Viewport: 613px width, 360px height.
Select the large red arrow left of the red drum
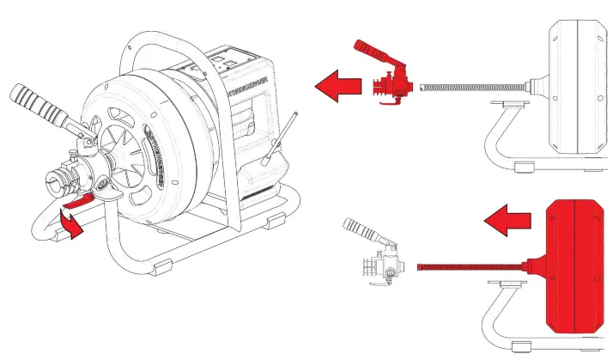click(506, 222)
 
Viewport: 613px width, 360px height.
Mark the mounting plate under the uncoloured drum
click(507, 106)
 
